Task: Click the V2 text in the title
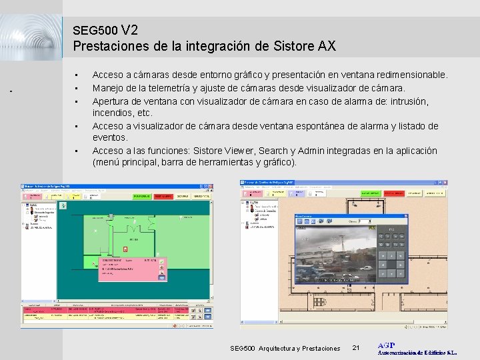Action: click(131, 30)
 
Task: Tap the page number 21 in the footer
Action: click(355, 348)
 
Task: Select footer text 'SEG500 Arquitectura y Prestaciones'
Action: click(285, 349)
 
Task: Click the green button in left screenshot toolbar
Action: click(141, 197)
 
